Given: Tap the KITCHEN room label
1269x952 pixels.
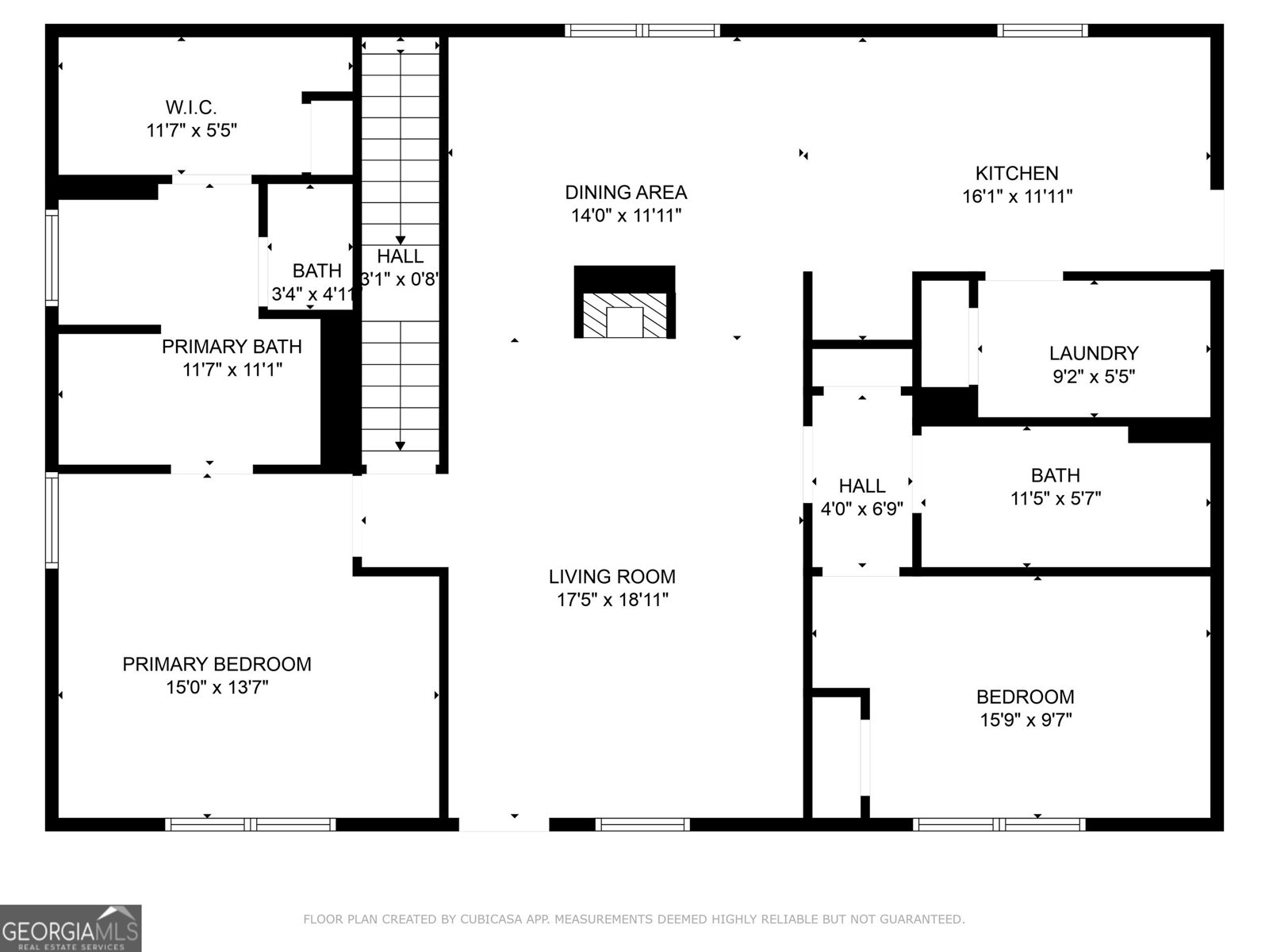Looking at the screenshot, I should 1016,173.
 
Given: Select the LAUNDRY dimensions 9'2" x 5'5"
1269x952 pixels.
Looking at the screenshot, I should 1093,376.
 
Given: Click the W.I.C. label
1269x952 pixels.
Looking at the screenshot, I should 191,107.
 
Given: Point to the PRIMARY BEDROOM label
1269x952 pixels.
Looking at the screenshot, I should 217,664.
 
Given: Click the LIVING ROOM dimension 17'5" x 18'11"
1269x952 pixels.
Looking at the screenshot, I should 612,600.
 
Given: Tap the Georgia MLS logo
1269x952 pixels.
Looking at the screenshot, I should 71,927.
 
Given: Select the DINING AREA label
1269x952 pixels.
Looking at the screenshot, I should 626,192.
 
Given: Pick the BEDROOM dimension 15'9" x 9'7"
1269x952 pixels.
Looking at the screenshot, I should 1025,720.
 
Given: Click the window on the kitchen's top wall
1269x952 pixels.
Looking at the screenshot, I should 1042,31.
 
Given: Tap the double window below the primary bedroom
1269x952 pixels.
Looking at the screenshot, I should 250,824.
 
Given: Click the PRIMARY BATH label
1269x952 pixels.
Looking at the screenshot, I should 232,347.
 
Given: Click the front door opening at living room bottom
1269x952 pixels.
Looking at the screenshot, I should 504,824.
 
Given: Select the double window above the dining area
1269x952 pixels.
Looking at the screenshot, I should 642,31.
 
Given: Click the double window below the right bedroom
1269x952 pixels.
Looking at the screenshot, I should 999,824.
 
